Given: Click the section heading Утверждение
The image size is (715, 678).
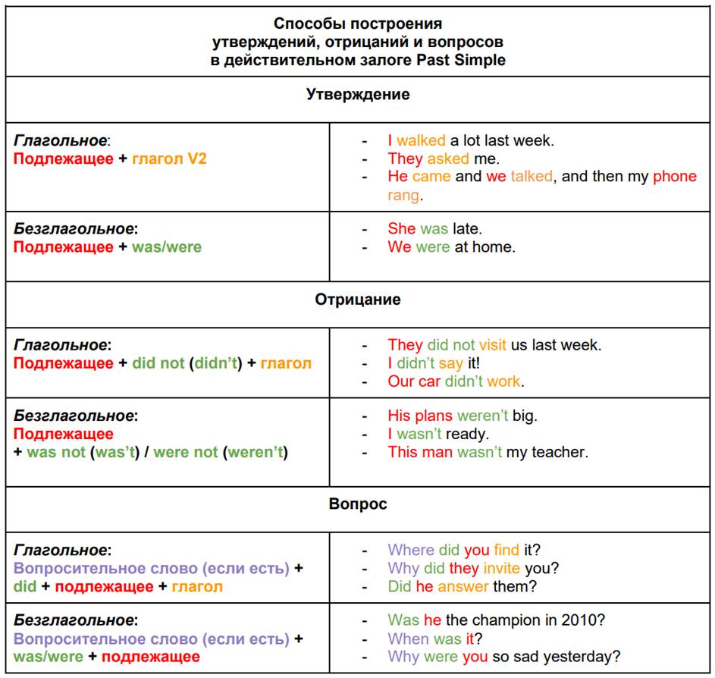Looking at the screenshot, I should click(358, 95).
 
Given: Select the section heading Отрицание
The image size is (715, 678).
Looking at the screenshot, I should click(358, 300).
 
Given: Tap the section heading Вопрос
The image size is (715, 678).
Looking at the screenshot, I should click(358, 504).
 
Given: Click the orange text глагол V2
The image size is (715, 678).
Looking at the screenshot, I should click(169, 159).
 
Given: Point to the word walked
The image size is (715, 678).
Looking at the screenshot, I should click(421, 140).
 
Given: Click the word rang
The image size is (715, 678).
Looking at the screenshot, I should click(403, 195).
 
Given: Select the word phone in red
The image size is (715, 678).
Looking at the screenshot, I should click(674, 177).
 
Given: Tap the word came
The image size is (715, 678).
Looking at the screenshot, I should click(431, 177).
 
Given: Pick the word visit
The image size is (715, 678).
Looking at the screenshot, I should click(492, 345).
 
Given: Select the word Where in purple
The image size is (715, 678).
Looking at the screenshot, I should click(411, 550).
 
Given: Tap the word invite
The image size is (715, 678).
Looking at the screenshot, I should click(501, 568).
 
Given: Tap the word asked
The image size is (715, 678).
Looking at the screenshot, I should click(447, 159).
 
